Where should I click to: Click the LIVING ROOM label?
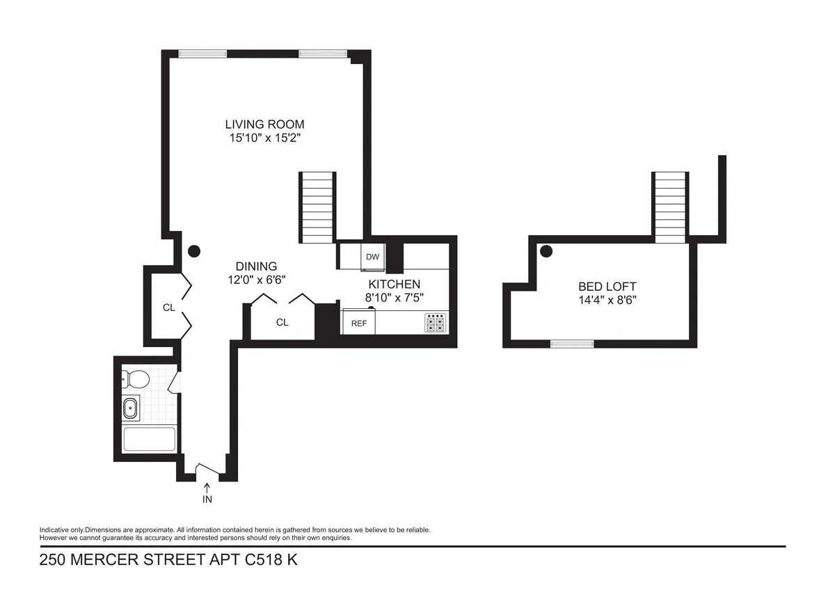(264, 125)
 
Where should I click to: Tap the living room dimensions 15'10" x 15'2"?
(264, 138)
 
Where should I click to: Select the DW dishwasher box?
(372, 256)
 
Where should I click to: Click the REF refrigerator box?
(359, 323)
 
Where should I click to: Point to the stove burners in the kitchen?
(436, 323)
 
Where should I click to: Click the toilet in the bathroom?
(135, 379)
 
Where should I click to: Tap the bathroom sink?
(130, 408)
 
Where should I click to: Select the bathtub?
(149, 440)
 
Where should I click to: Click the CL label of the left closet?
(169, 308)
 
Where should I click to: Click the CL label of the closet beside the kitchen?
(282, 322)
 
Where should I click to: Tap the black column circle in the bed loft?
(547, 250)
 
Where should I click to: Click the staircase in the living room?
(317, 207)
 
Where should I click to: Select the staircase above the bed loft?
(671, 207)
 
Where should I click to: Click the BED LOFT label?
(607, 287)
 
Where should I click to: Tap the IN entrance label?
(207, 499)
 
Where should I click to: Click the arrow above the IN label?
(207, 488)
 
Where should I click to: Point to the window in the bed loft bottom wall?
(572, 344)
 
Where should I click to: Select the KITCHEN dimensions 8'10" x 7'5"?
(394, 297)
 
